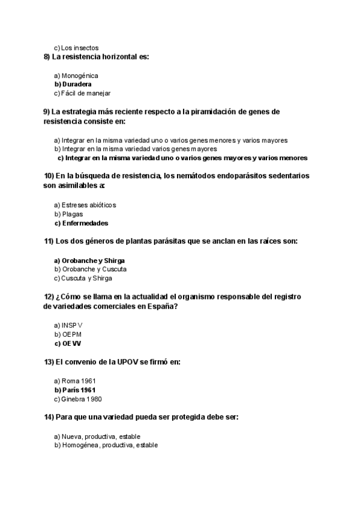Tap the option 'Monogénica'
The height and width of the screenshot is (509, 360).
coord(80,76)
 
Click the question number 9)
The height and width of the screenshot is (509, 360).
coord(47,112)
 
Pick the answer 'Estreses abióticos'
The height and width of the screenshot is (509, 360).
coord(89,205)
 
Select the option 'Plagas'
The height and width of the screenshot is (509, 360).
coord(72,214)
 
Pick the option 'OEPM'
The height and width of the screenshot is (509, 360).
coord(71,334)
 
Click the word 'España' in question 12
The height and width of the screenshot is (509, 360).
coord(162,306)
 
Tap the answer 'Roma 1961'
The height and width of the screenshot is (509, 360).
coord(79,381)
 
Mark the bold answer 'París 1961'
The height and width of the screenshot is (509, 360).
coord(79,390)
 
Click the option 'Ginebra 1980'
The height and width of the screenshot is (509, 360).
coord(83,399)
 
